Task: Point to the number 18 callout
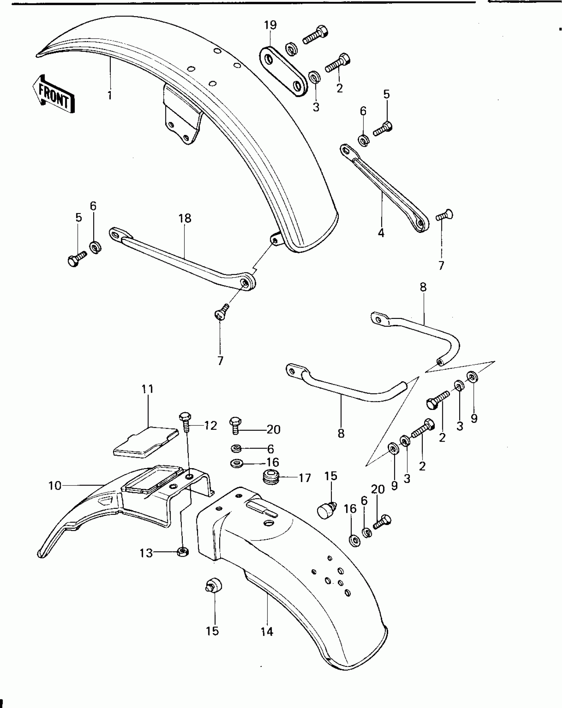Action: pyautogui.click(x=185, y=219)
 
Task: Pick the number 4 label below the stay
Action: pyautogui.click(x=381, y=233)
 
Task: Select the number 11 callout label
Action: pyautogui.click(x=148, y=389)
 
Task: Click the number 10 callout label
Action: pyautogui.click(x=55, y=486)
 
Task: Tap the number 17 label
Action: pyautogui.click(x=304, y=478)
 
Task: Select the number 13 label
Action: pyautogui.click(x=146, y=553)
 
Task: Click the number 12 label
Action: pyautogui.click(x=210, y=426)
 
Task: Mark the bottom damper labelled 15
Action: pyautogui.click(x=213, y=587)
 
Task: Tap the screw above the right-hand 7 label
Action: pyautogui.click(x=445, y=215)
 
